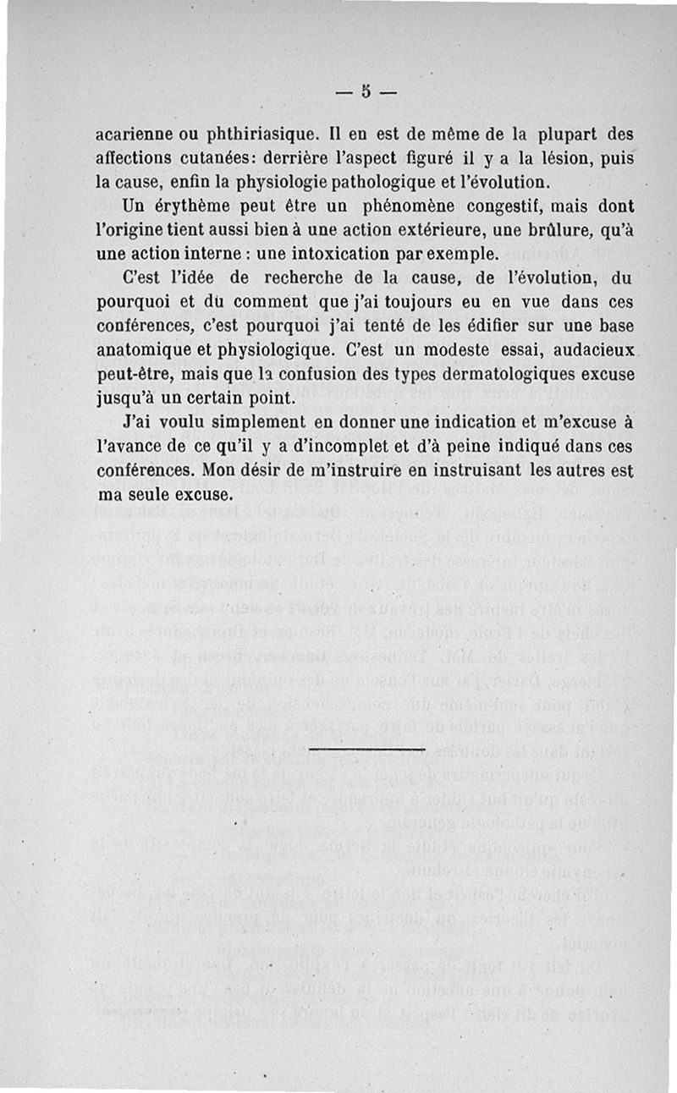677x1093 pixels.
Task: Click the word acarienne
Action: (135, 135)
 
